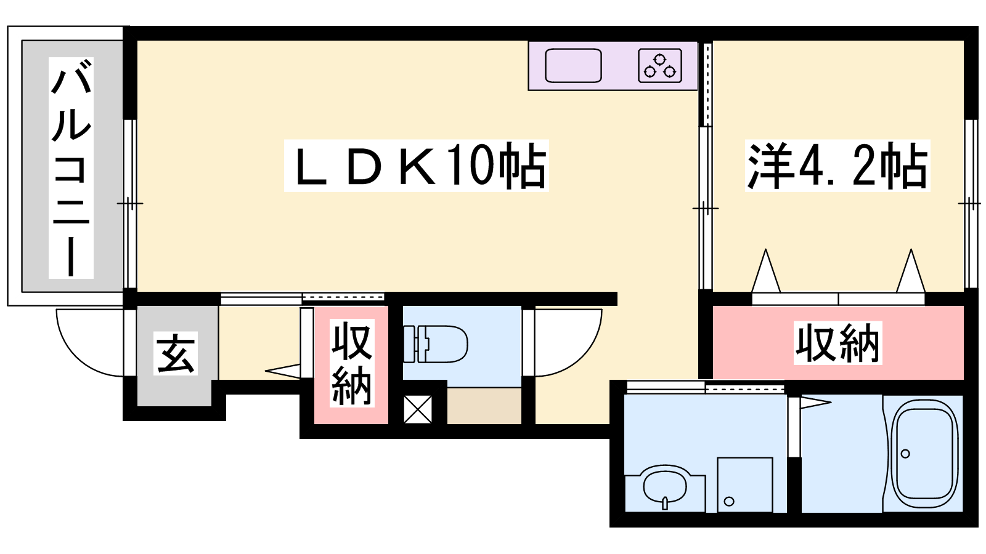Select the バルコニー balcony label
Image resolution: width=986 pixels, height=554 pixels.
[71, 168]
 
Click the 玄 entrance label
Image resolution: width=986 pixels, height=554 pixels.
[175, 353]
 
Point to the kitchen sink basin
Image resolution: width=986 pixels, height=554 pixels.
[573, 65]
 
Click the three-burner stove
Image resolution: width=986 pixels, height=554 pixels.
[660, 65]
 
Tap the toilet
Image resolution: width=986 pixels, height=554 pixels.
[435, 344]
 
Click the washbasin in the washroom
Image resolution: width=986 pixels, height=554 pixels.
[665, 488]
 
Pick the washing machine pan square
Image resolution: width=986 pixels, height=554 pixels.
[745, 484]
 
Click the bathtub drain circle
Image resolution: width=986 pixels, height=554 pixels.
[905, 454]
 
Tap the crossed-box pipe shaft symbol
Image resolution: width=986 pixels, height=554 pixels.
[418, 409]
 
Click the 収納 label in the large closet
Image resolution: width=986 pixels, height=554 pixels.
[837, 343]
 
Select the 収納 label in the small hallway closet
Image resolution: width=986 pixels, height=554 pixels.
[352, 363]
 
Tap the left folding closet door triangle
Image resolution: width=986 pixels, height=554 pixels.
[766, 271]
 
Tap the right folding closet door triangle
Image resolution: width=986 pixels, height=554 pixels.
[911, 271]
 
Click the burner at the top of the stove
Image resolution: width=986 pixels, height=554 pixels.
[659, 59]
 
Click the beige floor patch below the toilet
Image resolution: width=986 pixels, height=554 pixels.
[484, 406]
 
